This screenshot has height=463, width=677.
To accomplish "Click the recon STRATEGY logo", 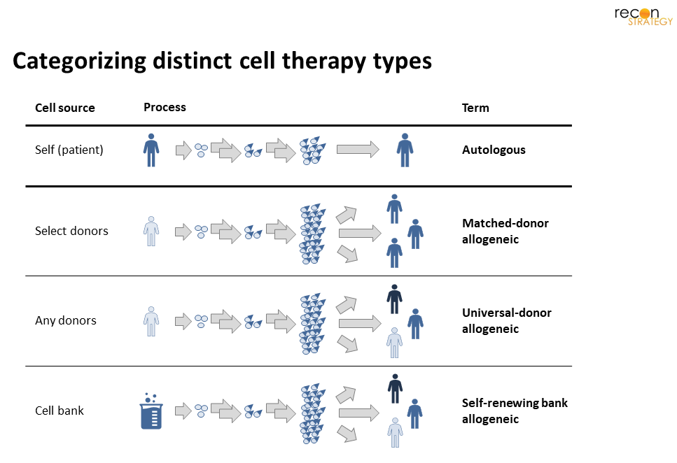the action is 643,16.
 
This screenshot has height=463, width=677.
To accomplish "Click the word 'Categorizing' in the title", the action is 79,62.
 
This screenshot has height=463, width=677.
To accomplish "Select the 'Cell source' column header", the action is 65,108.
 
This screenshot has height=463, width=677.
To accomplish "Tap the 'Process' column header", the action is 165,107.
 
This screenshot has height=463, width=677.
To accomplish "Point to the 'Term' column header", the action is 475,108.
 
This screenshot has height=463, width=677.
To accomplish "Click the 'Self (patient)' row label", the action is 69,150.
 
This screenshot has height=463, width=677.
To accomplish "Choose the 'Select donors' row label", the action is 71,231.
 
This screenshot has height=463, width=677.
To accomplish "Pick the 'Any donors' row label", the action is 66,320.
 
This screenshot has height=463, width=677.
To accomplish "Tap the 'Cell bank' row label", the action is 59,411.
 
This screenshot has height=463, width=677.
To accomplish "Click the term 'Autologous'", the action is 494,150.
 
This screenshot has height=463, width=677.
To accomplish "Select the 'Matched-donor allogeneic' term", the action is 505,231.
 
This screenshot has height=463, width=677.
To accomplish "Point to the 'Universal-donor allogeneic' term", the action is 506,320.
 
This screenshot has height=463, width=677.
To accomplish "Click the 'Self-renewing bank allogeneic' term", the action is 515,411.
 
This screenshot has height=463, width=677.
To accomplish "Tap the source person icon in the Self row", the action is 151,150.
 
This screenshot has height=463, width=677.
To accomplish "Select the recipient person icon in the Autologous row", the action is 405,150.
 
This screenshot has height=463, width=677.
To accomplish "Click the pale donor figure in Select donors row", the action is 151,231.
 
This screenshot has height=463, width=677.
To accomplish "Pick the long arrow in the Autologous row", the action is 358,149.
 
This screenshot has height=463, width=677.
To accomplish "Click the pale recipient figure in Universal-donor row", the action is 395,343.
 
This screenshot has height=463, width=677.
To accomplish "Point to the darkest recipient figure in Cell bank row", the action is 395,389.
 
